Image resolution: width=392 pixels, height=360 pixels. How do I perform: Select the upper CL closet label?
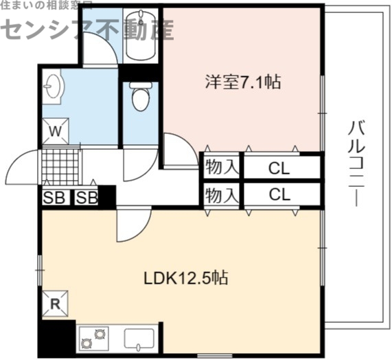click(279, 168)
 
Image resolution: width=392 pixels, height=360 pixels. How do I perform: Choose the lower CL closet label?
click(279, 194)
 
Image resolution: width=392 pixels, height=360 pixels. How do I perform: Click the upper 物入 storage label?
click(221, 168)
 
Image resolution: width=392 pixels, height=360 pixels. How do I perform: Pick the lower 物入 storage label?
click(221, 195)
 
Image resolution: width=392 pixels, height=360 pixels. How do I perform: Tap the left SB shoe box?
click(52, 198)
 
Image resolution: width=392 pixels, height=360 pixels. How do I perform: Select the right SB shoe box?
click(86, 198)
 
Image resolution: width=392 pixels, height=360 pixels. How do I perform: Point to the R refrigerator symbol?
click(55, 303)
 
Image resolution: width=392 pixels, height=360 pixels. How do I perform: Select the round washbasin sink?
click(53, 87)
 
